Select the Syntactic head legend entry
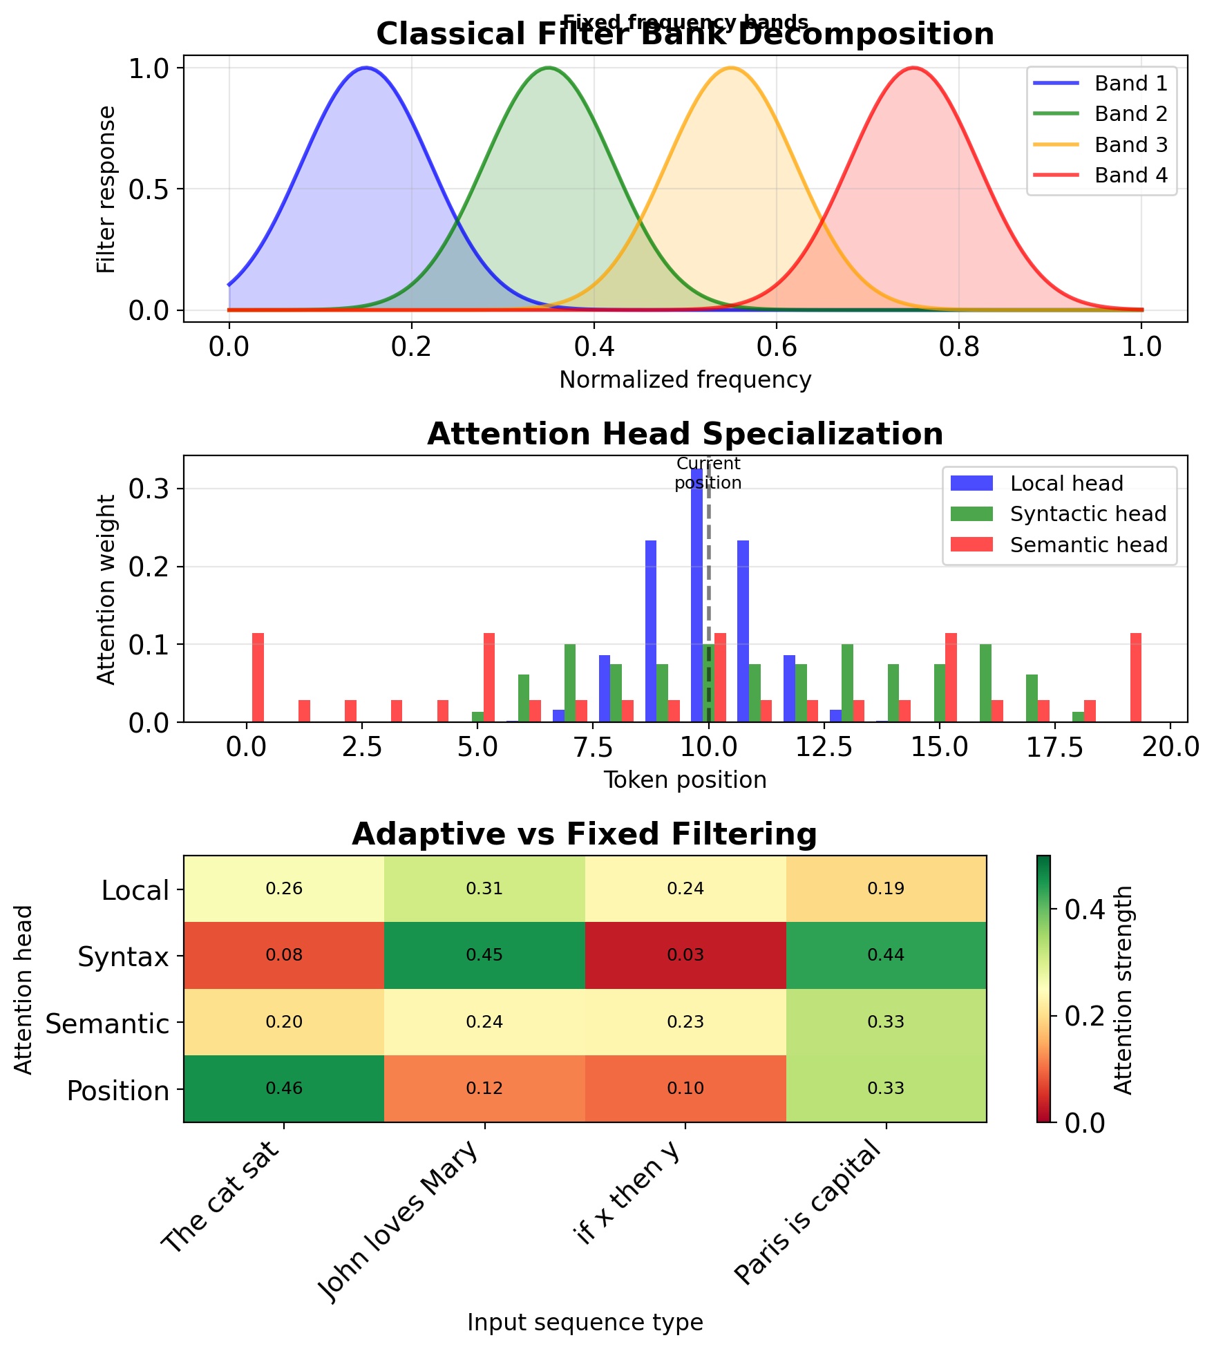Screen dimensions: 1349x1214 (x=1088, y=514)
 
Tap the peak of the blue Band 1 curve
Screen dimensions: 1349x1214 (x=366, y=68)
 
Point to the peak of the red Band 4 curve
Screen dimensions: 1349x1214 (x=913, y=68)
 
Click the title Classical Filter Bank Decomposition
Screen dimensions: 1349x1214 (x=685, y=35)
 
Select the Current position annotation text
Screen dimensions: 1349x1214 (x=708, y=473)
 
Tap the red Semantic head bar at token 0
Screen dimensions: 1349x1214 (x=258, y=677)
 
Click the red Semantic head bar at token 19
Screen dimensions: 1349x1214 (x=1136, y=677)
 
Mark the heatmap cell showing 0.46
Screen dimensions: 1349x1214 (x=284, y=1088)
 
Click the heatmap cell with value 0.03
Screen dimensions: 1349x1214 (x=685, y=955)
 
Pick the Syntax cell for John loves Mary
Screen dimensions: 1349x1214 (x=484, y=955)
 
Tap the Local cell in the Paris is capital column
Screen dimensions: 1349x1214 (x=886, y=889)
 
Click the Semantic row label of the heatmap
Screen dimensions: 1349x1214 (x=107, y=1023)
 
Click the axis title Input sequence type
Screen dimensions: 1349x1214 (x=585, y=1322)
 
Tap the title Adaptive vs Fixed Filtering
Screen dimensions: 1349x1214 (x=585, y=834)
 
